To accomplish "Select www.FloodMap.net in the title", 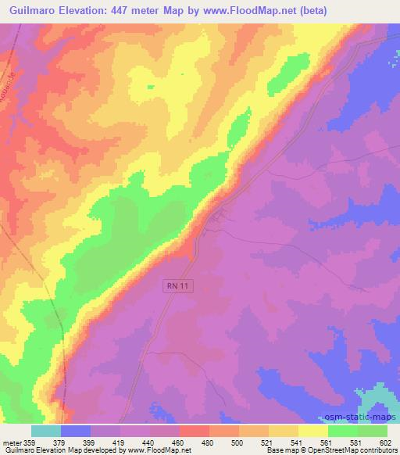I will pyautogui.click(x=241, y=10).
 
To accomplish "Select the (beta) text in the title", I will pyautogui.click(x=309, y=10).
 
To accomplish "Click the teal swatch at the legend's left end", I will pyautogui.click(x=46, y=431).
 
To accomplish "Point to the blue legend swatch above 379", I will pyautogui.click(x=76, y=431).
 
